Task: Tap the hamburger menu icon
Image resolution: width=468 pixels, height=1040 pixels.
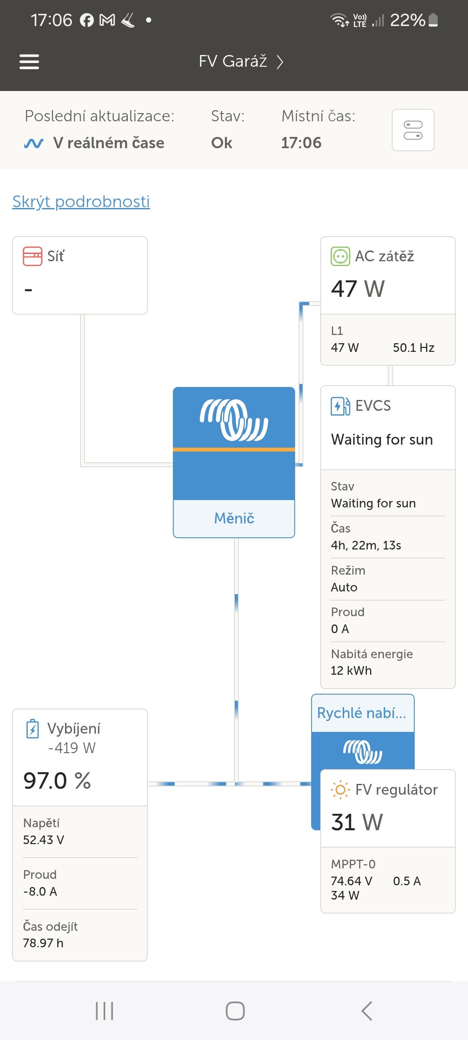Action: pos(29,62)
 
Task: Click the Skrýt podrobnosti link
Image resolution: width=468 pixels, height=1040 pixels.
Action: pos(81,201)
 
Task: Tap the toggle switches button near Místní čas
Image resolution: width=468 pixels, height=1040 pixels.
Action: pos(413,130)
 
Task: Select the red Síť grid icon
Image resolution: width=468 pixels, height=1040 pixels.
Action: pos(32,256)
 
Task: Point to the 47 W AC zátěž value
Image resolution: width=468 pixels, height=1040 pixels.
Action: pos(358,289)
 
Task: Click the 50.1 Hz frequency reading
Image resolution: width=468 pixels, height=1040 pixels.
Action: pos(413,348)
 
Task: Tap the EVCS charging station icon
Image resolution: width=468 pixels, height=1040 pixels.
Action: pos(340,406)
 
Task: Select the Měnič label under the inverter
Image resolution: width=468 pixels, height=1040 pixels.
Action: pos(234,518)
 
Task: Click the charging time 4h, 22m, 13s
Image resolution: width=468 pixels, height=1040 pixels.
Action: pos(366,545)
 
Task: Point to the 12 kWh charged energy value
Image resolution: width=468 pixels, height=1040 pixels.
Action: pos(351,670)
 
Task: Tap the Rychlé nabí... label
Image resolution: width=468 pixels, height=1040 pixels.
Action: pos(362,713)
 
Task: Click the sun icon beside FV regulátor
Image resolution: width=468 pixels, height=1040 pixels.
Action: pos(340,790)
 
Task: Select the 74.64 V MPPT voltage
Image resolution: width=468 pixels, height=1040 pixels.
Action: pos(351,881)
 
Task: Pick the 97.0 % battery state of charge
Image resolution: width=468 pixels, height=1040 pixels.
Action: pos(57,781)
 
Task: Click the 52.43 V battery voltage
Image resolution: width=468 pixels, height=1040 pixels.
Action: pos(44,840)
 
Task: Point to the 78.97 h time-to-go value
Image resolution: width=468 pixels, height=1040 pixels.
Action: pos(43,943)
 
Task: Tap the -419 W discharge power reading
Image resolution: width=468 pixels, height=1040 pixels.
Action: pos(72,748)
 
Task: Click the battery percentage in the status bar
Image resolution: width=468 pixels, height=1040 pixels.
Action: pos(407,20)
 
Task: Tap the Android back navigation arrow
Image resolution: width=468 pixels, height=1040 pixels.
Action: pos(367,1011)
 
